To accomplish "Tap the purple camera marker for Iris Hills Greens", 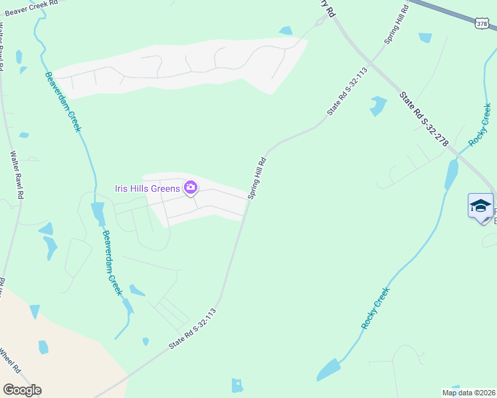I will point(191,188).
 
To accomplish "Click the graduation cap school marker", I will point(480,206).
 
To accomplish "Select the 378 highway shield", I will point(482,24).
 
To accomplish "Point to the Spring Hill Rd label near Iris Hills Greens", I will point(256,178).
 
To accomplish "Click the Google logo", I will point(22,390).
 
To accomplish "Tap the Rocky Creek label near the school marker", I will point(480,125).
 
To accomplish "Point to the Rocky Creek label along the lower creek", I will point(375,308).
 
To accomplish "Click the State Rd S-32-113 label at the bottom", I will point(193,329).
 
